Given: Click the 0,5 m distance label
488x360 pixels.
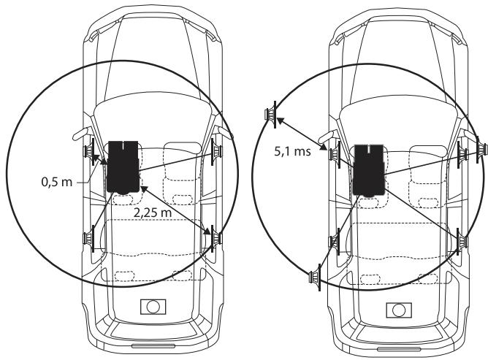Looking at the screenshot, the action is coord(57,182).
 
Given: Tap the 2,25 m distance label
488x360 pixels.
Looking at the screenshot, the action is coord(153,212).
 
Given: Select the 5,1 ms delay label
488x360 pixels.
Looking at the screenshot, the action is coord(292,152).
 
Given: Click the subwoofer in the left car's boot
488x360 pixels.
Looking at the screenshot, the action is coord(153,307).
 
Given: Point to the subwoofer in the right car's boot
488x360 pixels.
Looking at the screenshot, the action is coord(399,310).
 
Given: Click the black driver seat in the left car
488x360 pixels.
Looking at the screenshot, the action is coord(123,167).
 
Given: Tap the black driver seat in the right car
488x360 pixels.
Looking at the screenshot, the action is coord(369,171).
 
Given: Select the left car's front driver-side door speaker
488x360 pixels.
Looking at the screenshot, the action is coord(89,152).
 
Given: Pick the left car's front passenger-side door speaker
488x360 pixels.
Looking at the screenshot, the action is coord(217,152).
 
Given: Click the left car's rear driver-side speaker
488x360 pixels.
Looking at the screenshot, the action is coord(88,239).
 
